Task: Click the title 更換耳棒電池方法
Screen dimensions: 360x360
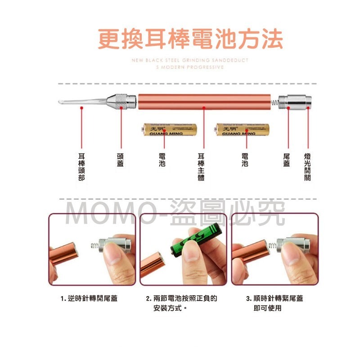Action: click(x=190, y=40)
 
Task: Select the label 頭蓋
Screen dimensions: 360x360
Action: click(x=121, y=160)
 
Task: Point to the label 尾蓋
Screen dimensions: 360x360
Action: click(x=287, y=160)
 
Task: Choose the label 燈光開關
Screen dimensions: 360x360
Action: click(x=307, y=166)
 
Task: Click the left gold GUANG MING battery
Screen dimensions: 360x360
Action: click(x=164, y=130)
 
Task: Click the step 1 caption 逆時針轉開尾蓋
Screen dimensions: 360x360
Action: click(x=89, y=298)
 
